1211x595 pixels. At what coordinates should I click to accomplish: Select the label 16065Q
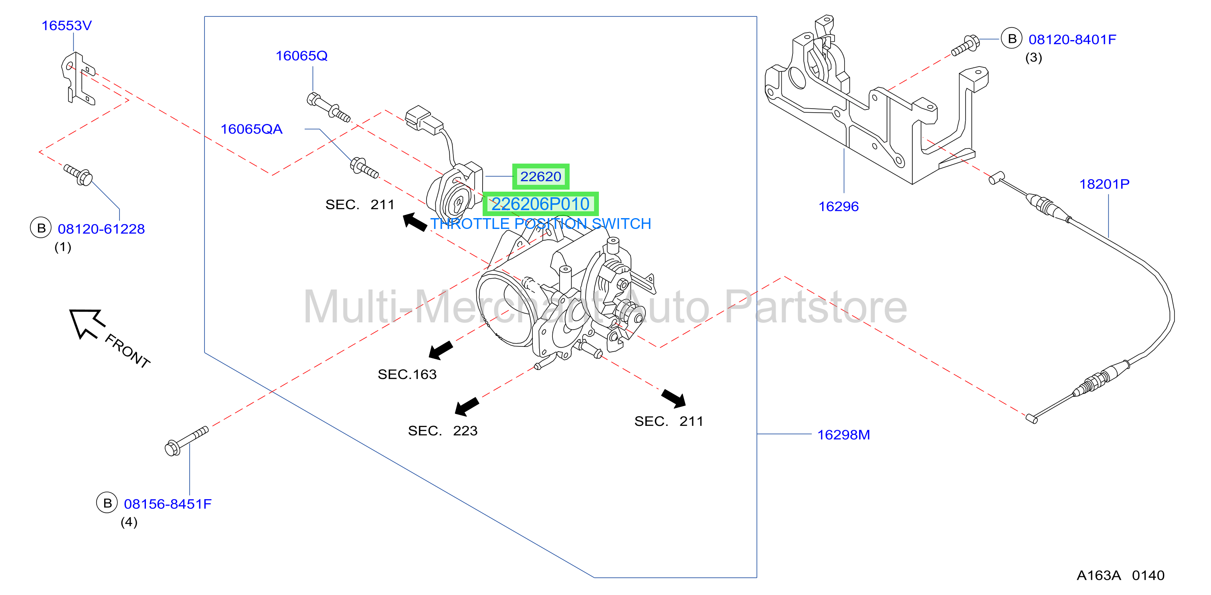301,55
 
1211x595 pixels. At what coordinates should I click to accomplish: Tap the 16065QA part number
251,129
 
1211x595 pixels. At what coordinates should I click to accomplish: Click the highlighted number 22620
541,176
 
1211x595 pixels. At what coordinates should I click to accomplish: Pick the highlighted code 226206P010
541,204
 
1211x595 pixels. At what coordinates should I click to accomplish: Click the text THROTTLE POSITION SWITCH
541,224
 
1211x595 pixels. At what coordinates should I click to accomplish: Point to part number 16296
838,206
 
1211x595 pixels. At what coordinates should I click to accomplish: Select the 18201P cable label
1104,184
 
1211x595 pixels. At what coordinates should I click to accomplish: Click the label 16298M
843,435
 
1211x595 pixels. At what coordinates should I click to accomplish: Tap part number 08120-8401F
1072,40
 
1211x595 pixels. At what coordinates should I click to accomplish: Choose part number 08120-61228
101,229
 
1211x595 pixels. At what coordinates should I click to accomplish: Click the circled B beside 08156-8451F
107,503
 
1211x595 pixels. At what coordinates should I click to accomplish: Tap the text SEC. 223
443,431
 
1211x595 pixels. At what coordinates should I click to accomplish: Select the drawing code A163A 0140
1120,575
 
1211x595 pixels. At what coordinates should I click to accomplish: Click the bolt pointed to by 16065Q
328,107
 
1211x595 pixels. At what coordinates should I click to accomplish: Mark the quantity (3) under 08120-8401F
1033,58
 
